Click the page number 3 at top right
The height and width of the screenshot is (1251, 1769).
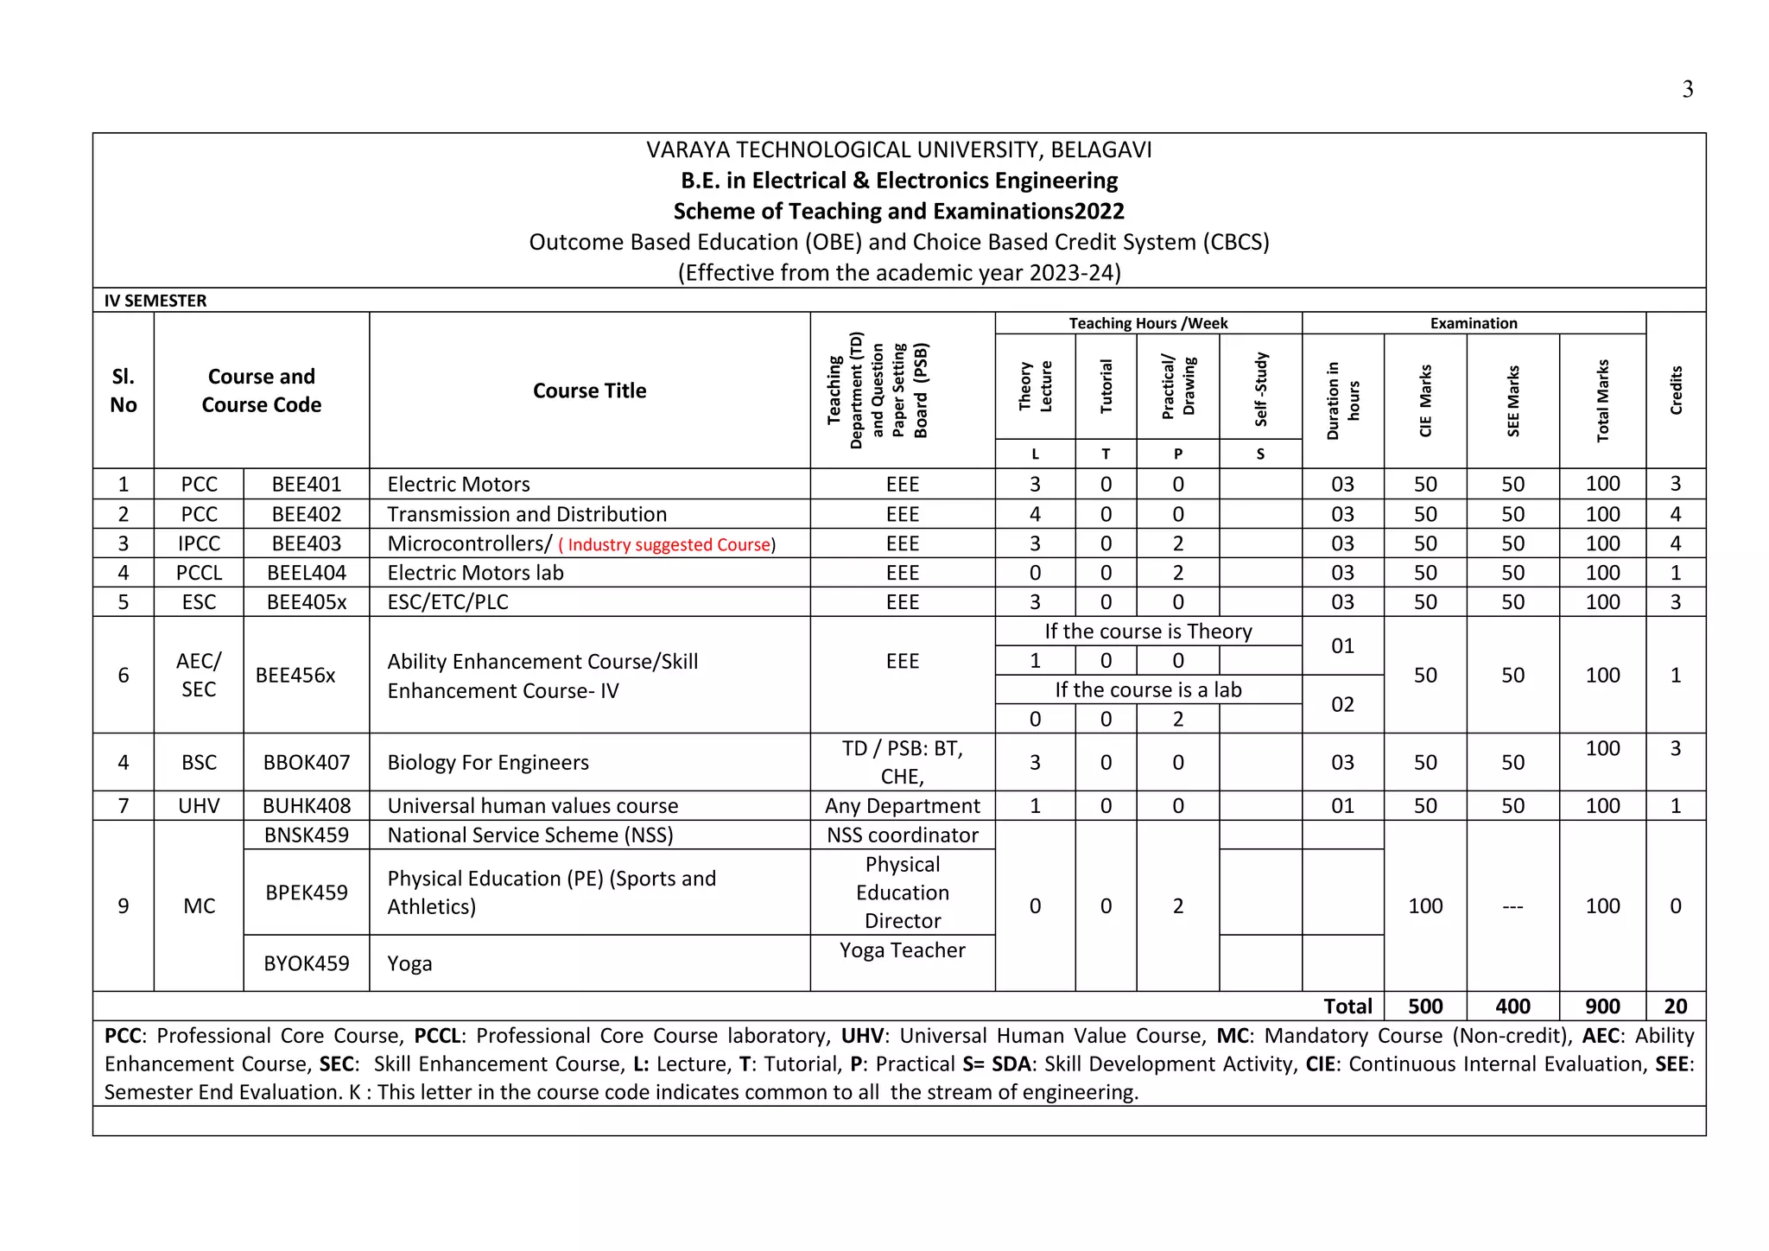[x=1687, y=90]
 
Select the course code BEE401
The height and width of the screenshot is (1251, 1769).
[x=307, y=485]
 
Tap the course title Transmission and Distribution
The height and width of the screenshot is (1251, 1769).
[x=527, y=515]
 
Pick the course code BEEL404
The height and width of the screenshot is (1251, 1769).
[x=307, y=574]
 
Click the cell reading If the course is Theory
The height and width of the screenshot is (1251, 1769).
[x=1148, y=632]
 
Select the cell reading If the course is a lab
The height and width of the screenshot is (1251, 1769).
[x=1148, y=690]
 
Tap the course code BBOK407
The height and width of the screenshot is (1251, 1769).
[x=307, y=763]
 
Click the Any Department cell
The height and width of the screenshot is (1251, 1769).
[x=902, y=806]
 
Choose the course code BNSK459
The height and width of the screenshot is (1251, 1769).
[x=307, y=835]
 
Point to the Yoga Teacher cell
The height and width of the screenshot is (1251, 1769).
[x=902, y=950]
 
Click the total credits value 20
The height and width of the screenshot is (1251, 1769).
[x=1675, y=1007]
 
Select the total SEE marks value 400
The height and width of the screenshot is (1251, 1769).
[x=1512, y=1007]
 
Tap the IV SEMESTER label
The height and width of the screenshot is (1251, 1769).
[x=155, y=301]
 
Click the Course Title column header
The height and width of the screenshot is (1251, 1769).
[x=589, y=391]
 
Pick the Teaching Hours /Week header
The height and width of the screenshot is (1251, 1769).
[x=1148, y=323]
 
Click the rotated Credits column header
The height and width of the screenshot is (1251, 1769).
[x=1676, y=391]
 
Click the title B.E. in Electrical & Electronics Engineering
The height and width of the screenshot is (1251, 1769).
[x=898, y=181]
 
